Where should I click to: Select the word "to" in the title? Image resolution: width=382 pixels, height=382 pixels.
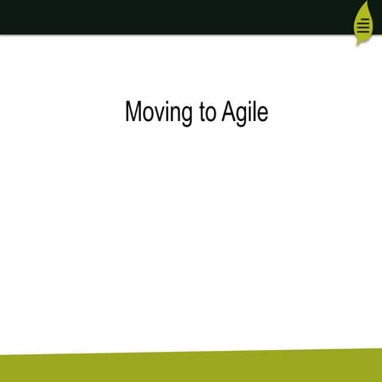tap(208, 113)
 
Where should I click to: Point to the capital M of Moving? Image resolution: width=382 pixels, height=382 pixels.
tap(134, 112)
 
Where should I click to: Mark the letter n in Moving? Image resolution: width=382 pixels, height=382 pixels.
tap(177, 115)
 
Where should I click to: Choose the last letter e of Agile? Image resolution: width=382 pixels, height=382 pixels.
tap(263, 115)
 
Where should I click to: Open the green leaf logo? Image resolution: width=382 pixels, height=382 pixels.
tap(363, 24)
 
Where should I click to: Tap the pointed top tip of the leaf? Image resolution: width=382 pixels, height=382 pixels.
tap(365, 2)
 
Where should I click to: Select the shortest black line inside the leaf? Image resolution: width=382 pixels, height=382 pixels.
tap(364, 18)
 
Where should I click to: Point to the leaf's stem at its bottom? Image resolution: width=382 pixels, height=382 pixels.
tap(359, 44)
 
